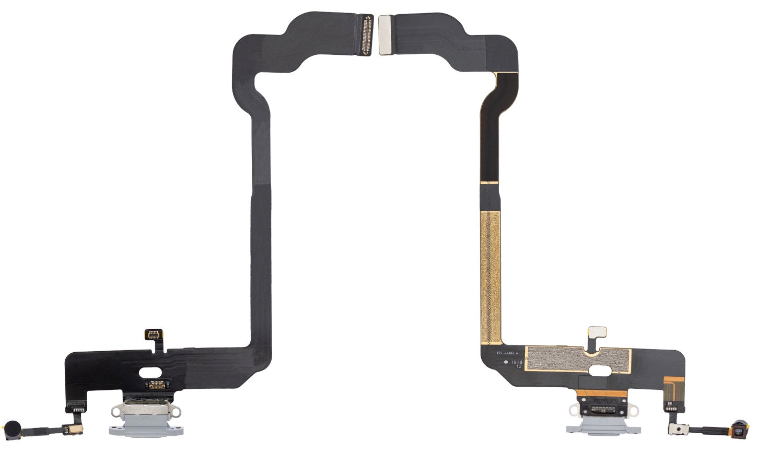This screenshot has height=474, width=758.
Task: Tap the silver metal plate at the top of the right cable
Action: (384, 35)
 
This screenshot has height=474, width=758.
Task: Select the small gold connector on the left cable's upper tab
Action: (155, 334)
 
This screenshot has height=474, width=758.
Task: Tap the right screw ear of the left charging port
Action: (176, 413)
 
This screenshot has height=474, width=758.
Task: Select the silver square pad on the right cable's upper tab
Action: (597, 333)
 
